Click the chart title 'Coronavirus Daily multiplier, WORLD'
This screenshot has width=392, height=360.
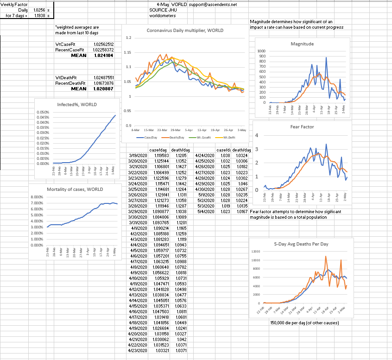(185, 31)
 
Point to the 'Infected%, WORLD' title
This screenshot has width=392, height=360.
(77, 105)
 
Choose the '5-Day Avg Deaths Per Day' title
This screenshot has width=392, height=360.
(301, 244)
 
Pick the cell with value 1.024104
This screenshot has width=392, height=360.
(104, 55)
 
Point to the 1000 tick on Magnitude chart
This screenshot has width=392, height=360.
(262, 51)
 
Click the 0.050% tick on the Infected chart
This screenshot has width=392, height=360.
(43, 113)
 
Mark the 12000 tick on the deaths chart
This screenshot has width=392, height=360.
(255, 252)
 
